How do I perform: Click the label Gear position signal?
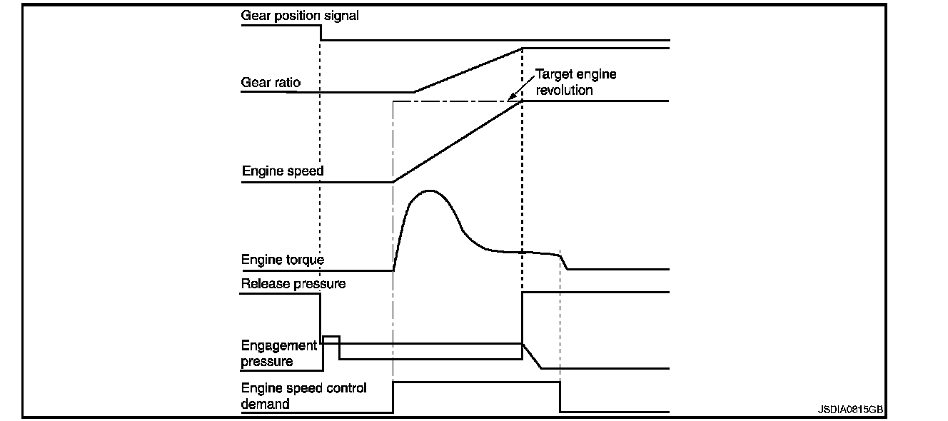click(x=300, y=15)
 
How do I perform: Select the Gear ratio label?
click(x=271, y=83)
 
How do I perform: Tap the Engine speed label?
click(x=283, y=171)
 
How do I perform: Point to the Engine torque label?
click(x=283, y=260)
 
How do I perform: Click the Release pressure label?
click(x=293, y=284)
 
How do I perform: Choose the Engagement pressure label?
click(x=279, y=353)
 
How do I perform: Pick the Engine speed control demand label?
click(x=303, y=396)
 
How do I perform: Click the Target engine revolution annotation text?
click(x=575, y=82)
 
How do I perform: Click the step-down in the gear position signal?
click(x=321, y=33)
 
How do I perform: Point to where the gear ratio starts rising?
click(x=415, y=92)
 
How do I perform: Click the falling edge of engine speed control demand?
click(x=560, y=397)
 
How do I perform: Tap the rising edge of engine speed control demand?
click(x=393, y=397)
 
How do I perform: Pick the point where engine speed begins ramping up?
click(x=393, y=181)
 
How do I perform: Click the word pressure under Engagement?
click(x=267, y=362)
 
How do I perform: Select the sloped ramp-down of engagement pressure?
click(x=533, y=356)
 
